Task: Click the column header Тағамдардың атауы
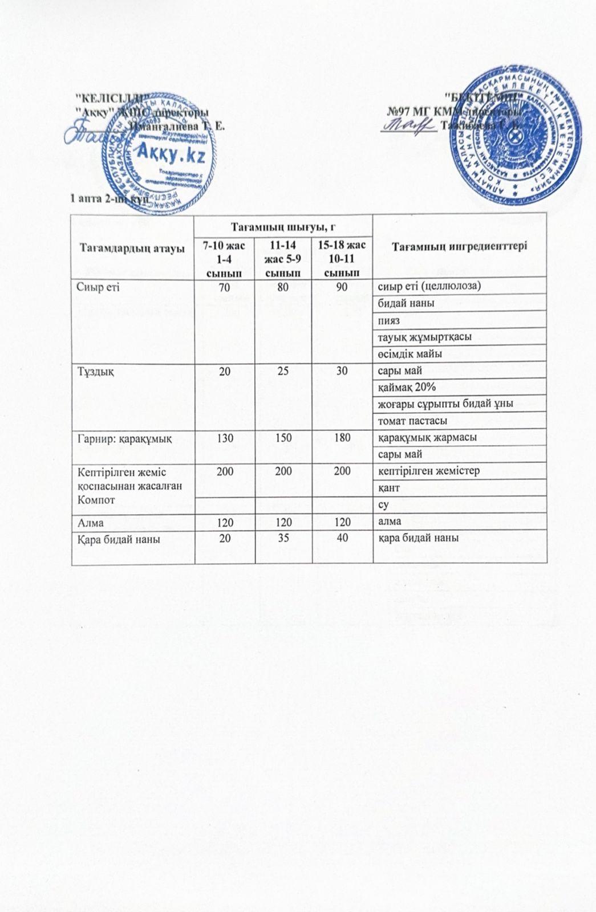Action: click(133, 248)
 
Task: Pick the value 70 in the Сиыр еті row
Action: click(225, 286)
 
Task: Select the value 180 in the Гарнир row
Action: click(342, 438)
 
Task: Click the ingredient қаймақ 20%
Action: click(407, 388)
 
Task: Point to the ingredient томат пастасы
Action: click(409, 421)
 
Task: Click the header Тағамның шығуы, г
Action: click(283, 227)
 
